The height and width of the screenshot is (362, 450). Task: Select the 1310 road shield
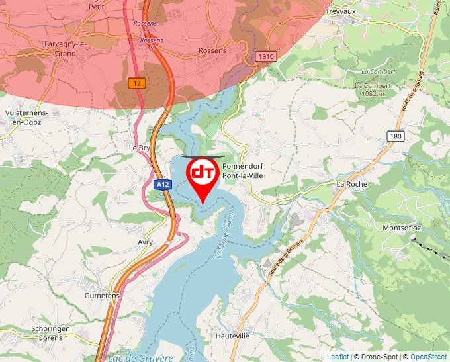tap(267, 56)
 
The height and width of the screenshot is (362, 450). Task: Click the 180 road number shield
tap(396, 136)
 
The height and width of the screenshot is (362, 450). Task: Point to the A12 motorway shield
tap(162, 185)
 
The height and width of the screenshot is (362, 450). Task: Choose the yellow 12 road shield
tap(137, 83)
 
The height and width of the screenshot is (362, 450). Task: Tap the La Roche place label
tap(351, 183)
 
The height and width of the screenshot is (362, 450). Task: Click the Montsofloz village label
tap(402, 228)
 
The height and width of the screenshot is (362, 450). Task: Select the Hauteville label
tap(233, 336)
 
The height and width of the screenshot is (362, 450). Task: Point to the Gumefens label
tap(102, 296)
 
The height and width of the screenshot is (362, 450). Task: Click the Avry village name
tap(145, 242)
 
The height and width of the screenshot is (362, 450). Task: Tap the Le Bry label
tap(140, 148)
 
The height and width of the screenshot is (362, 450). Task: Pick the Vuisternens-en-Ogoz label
tap(26, 117)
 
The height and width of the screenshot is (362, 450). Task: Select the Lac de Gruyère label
tap(140, 357)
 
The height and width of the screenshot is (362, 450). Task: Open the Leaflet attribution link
tap(337, 357)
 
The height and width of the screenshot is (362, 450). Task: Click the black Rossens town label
tap(212, 50)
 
